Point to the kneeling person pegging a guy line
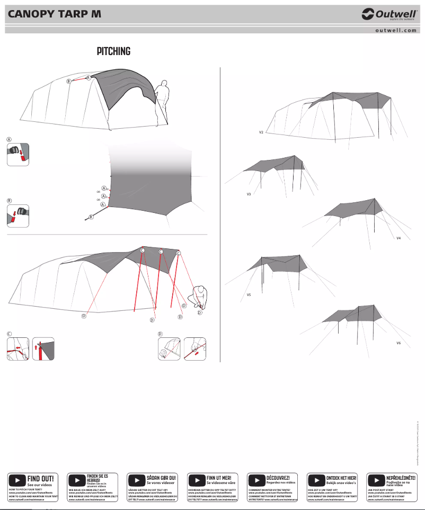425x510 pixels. click(x=200, y=297)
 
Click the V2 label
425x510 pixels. click(x=261, y=132)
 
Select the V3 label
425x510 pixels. click(x=249, y=194)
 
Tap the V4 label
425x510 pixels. click(x=399, y=238)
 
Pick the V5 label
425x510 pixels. click(x=249, y=294)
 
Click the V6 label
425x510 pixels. click(x=399, y=343)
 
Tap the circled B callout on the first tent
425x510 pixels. click(x=68, y=82)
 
